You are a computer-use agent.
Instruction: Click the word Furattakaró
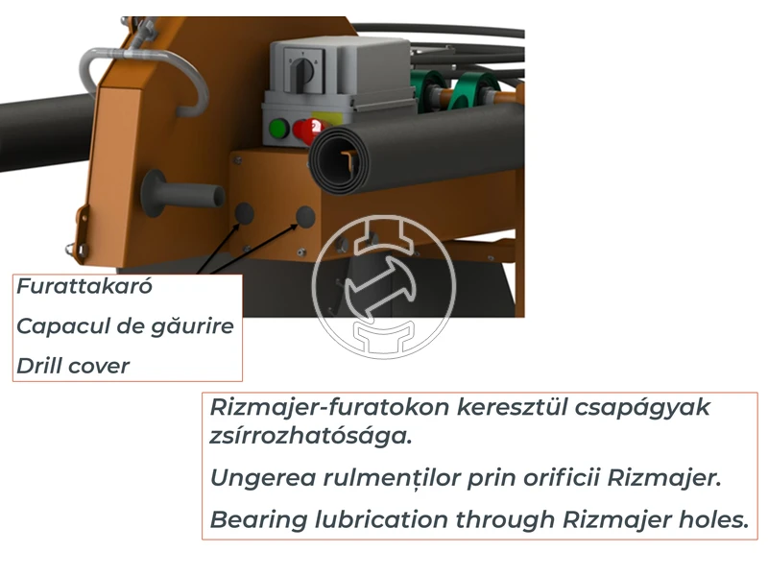point(84,286)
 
